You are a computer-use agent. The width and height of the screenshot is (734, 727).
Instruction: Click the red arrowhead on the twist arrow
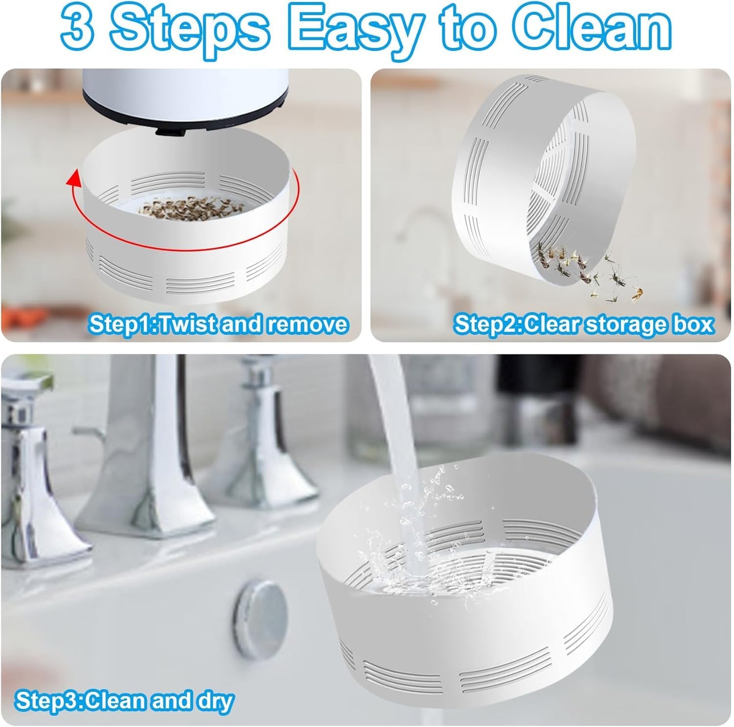point(74,178)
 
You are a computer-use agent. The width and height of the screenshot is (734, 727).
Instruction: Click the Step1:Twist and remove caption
point(218,324)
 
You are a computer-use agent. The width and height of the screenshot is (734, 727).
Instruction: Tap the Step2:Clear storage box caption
point(584,324)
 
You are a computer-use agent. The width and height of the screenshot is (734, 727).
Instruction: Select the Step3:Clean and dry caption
point(125,701)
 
